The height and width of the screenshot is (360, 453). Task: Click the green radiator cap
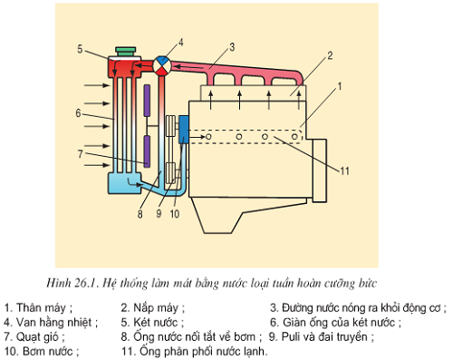[x=126, y=52]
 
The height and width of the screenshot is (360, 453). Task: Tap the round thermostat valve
[x=161, y=65]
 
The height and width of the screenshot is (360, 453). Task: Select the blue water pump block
[x=183, y=130]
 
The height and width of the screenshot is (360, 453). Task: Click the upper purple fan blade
[x=147, y=101]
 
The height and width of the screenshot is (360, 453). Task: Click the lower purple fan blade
[x=147, y=151]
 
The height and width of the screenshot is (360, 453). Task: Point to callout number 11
[x=344, y=171]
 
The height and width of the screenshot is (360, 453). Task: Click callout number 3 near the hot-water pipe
[x=232, y=47]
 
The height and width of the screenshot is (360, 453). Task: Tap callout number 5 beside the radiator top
[x=80, y=49]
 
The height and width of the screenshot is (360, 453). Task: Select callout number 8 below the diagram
[x=140, y=214]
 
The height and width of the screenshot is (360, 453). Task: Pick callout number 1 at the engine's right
[x=340, y=86]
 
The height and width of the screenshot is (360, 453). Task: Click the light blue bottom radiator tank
[x=125, y=183]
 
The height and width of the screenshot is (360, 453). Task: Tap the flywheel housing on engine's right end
[x=320, y=170]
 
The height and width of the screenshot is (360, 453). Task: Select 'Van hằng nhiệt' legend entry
[x=53, y=322]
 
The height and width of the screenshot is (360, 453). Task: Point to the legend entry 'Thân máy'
[x=41, y=308]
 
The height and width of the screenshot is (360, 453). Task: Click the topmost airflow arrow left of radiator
[x=97, y=85]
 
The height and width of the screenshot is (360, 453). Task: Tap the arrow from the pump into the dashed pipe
[x=197, y=137]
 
